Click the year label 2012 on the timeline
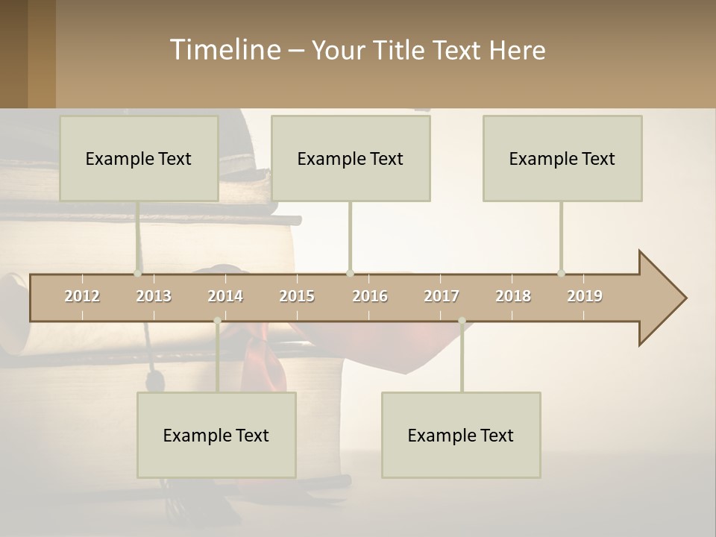pyautogui.click(x=82, y=296)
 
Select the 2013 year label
pyautogui.click(x=154, y=296)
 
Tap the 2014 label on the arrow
pyautogui.click(x=225, y=296)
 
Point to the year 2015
pyautogui.click(x=297, y=296)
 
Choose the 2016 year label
pyautogui.click(x=370, y=296)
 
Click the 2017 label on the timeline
pyautogui.click(x=442, y=296)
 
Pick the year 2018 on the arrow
pyautogui.click(x=513, y=296)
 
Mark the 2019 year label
pyautogui.click(x=585, y=296)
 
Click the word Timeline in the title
pyautogui.click(x=224, y=50)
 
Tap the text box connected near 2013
pyautogui.click(x=139, y=158)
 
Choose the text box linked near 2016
pyautogui.click(x=351, y=158)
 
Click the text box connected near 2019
pyautogui.click(x=562, y=158)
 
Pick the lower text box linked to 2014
pyautogui.click(x=216, y=435)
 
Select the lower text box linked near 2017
pyautogui.click(x=461, y=435)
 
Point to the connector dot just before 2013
pyautogui.click(x=138, y=273)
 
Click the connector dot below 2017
pyautogui.click(x=462, y=321)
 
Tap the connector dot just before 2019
pyautogui.click(x=561, y=273)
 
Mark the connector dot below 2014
pyautogui.click(x=217, y=321)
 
